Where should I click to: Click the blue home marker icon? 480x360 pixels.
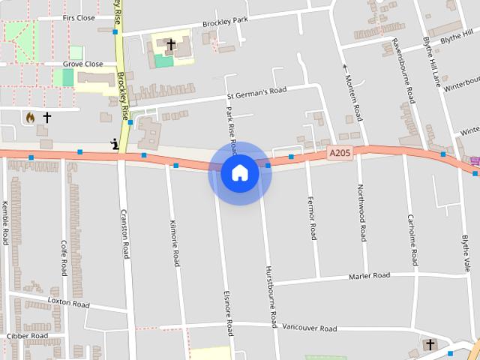tap(240, 173)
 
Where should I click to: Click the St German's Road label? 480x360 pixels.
tap(257, 94)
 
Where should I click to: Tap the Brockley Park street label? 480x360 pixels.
tap(225, 23)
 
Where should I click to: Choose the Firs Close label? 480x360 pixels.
tap(79, 17)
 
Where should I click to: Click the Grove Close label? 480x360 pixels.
tap(82, 64)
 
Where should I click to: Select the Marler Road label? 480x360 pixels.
tap(370, 276)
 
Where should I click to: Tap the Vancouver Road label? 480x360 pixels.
tap(309, 328)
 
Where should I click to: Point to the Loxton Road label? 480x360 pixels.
tap(68, 304)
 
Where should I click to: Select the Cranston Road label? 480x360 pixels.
tap(124, 235)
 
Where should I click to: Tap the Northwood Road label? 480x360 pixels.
tap(361, 212)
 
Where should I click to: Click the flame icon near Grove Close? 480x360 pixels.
tap(30, 118)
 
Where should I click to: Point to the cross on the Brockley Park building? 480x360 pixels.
tap(170, 45)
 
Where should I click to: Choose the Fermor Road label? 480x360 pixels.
tap(311, 217)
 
